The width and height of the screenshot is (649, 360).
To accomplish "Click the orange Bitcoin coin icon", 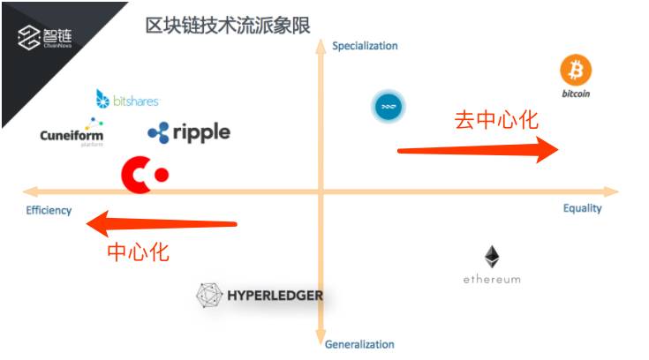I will point(576,71).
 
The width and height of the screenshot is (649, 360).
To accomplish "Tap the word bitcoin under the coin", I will point(576,93).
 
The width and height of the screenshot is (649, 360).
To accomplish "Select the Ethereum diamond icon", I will point(492,258).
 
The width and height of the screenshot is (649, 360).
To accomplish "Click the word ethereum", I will point(492,280).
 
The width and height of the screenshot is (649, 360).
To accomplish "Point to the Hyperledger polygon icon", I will point(209,296).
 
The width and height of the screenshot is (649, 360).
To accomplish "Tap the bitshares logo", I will point(127,100).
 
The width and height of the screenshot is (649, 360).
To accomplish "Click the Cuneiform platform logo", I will point(72,133).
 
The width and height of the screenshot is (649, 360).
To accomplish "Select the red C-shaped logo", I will point(144,174).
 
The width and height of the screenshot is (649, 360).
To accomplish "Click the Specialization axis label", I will point(365,46).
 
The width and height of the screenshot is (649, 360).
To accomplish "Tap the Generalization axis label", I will point(359,344).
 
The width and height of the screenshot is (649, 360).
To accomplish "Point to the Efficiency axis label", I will point(49,210).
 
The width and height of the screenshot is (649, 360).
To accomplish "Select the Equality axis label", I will point(582,208).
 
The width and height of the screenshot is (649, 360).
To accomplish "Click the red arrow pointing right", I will point(477,151).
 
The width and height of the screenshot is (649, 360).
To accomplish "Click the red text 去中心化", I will point(495,120).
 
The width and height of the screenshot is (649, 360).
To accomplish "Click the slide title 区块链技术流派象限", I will point(227,25).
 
